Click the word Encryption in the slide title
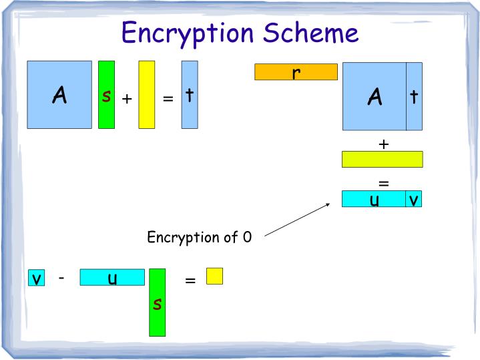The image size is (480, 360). (x=190, y=33)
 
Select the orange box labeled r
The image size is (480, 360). (x=296, y=71)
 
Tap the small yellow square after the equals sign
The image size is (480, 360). (x=214, y=276)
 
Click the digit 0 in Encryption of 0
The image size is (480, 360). (x=247, y=237)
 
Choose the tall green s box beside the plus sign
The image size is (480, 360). (x=106, y=94)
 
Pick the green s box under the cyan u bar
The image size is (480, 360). (x=157, y=302)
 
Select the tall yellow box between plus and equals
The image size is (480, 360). (x=147, y=94)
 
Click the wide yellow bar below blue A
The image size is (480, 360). (x=382, y=159)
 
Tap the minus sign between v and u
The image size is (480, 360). (x=61, y=277)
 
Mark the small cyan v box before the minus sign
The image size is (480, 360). (x=36, y=278)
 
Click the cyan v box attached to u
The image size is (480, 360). (x=414, y=199)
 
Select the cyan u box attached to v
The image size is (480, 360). (x=374, y=199)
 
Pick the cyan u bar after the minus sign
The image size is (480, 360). (x=112, y=277)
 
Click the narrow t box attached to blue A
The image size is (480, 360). (x=414, y=96)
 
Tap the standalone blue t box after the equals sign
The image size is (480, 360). (x=190, y=94)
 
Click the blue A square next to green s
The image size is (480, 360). (x=59, y=94)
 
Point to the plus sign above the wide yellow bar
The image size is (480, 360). (x=383, y=144)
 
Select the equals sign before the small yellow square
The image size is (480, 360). (x=190, y=281)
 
